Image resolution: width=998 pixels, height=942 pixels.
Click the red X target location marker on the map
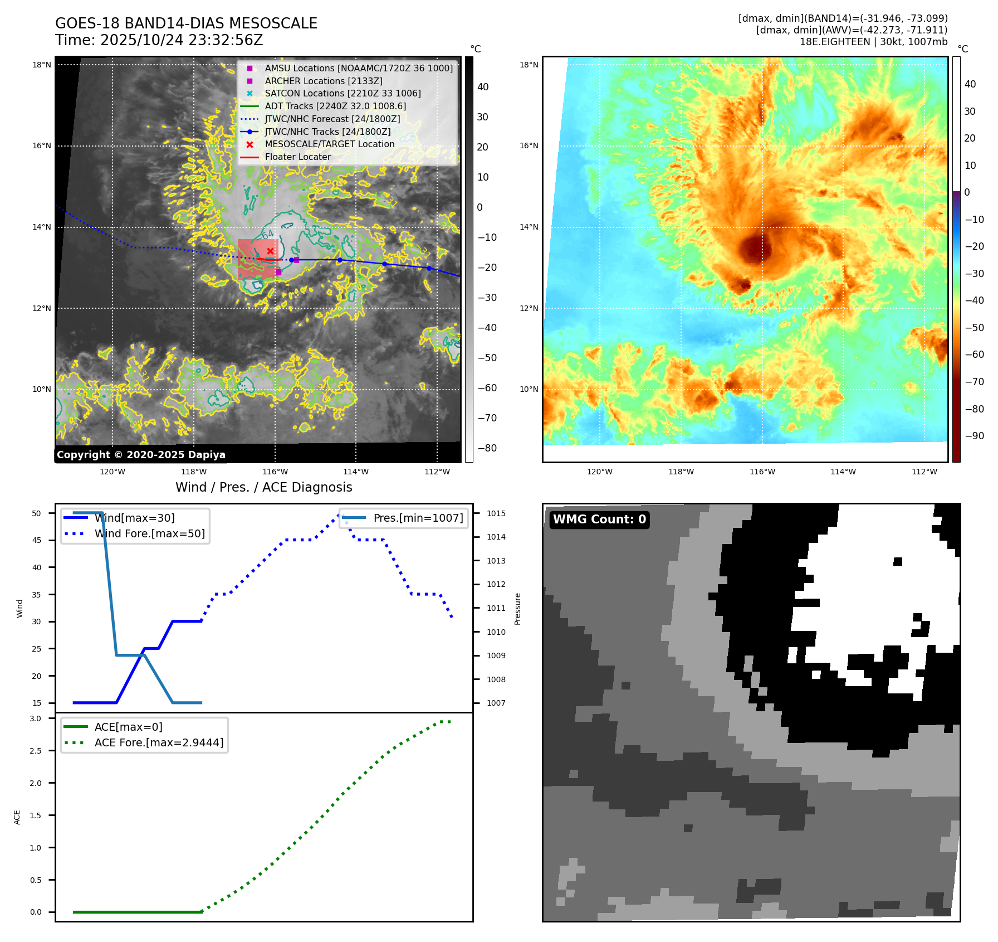click(x=270, y=251)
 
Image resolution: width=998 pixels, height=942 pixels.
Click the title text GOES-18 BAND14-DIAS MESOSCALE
click(x=186, y=23)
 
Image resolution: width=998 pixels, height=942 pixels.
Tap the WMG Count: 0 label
click(x=599, y=519)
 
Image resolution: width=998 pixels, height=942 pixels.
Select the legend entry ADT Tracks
click(x=335, y=106)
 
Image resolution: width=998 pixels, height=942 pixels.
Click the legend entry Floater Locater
click(x=297, y=157)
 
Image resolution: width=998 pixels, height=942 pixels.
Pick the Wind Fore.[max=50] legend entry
click(x=149, y=534)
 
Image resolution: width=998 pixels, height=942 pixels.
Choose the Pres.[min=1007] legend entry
click(x=418, y=518)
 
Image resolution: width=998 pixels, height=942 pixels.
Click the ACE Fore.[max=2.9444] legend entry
click(x=159, y=743)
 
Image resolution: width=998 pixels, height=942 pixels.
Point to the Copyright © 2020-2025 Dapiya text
click(x=141, y=455)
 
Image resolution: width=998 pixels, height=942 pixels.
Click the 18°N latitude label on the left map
click(x=42, y=65)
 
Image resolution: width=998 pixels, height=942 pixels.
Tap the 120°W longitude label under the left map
click(x=112, y=472)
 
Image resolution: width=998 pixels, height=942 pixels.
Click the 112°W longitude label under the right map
click(x=924, y=472)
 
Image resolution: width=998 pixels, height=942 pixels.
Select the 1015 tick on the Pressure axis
click(x=496, y=514)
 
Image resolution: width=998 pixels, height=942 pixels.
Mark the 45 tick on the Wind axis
click(x=37, y=541)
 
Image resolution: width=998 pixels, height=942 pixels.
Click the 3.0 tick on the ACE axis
click(x=36, y=719)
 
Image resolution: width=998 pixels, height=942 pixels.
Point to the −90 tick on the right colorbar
click(x=974, y=436)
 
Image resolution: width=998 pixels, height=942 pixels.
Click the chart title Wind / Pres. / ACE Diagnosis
click(x=263, y=488)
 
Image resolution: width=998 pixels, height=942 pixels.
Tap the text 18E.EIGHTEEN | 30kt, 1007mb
click(x=873, y=42)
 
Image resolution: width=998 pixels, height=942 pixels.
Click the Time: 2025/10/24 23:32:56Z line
click(x=159, y=41)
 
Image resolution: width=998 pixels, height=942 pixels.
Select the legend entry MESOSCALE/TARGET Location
click(x=329, y=144)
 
